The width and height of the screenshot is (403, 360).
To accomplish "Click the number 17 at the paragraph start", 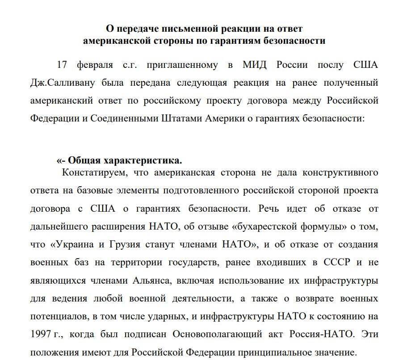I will click(x=63, y=65).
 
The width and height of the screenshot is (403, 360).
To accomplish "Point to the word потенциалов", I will click(x=56, y=316).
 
